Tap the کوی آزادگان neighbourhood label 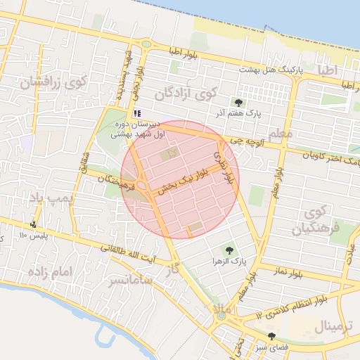pos(184,93)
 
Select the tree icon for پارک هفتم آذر pos(239,103)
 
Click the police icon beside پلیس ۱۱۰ pos(33,225)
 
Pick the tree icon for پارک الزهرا pos(229,250)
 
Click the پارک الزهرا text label pos(229,261)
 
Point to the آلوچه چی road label pos(252,141)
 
